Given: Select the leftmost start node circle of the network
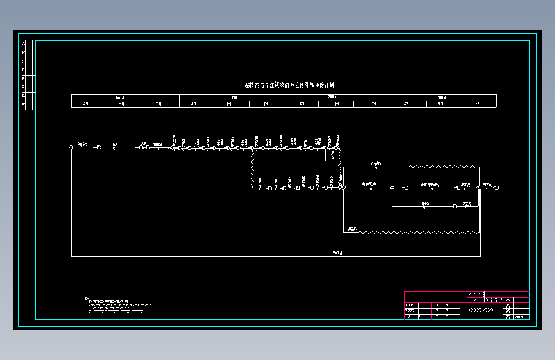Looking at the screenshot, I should (x=71, y=147).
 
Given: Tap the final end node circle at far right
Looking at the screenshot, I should (x=497, y=188).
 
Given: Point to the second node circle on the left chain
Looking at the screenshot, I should (x=99, y=147).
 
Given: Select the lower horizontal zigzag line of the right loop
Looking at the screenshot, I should (x=416, y=231).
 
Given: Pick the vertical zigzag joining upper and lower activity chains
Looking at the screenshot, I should (x=253, y=168).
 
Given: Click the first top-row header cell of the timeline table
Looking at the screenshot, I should (x=125, y=97).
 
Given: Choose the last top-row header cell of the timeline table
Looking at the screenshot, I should (x=444, y=97).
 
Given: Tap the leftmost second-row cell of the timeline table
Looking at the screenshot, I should (x=88, y=104).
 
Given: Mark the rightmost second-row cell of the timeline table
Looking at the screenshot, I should (x=478, y=104).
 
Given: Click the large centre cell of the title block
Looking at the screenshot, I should (x=480, y=311).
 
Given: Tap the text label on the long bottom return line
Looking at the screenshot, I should (x=337, y=253).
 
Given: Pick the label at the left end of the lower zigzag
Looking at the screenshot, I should (x=353, y=228).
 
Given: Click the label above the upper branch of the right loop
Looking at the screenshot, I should (x=376, y=163).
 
